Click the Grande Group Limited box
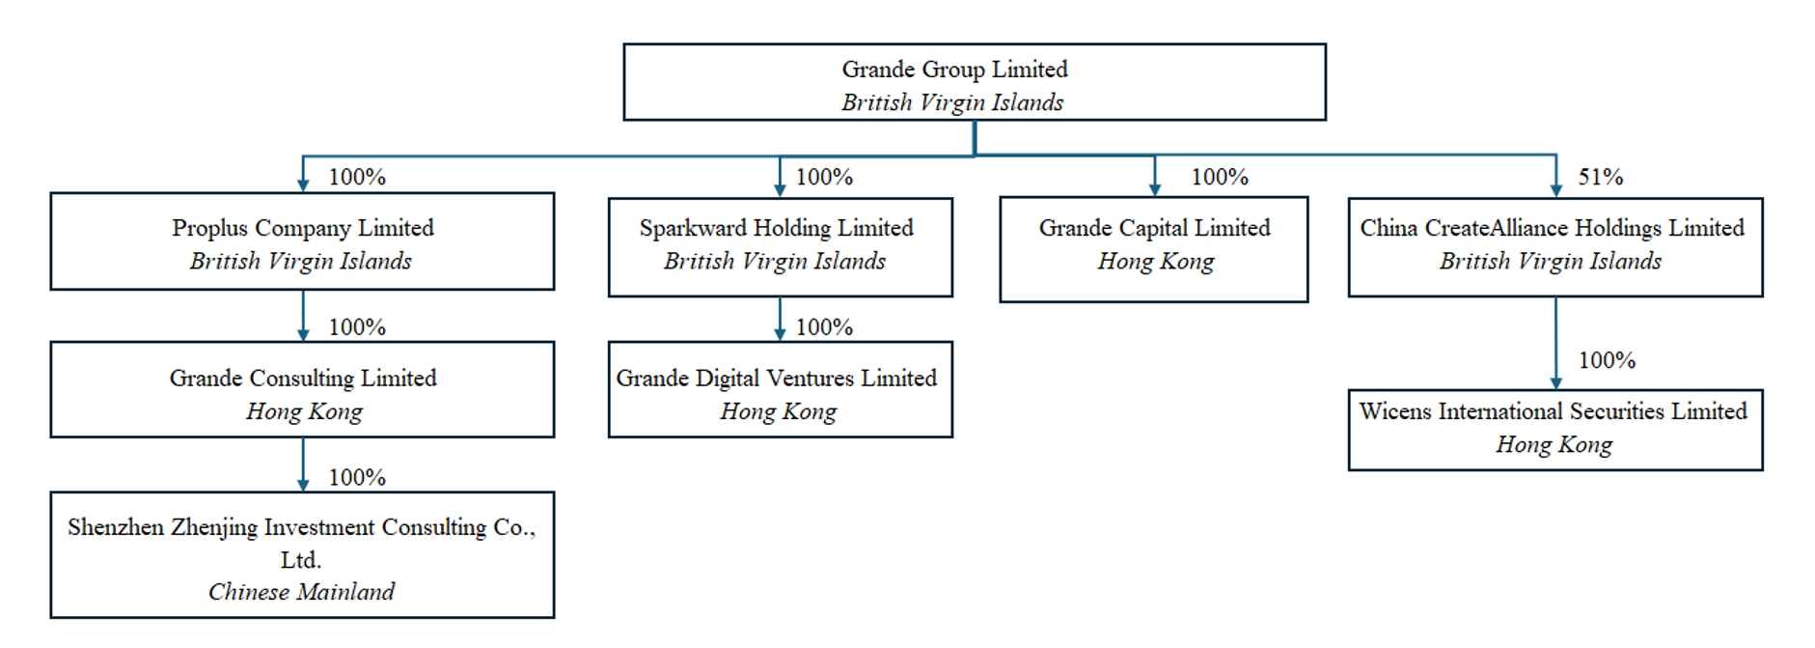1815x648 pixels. pos(975,82)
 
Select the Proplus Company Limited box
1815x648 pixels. pos(302,241)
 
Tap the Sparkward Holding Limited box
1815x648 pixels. pos(780,247)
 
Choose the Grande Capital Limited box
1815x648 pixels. pos(1154,249)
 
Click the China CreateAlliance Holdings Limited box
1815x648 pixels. pos(1555,247)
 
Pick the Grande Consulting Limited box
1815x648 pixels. pos(302,389)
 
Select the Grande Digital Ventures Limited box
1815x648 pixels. pos(780,389)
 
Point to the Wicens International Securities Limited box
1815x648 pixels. pos(1555,430)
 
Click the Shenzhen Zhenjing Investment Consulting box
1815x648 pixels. pos(302,555)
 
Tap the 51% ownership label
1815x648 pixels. pos(1601,177)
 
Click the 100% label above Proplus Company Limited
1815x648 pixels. pos(357,177)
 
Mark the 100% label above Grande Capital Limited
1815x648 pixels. pos(1220,177)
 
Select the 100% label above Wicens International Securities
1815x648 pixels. pos(1607,360)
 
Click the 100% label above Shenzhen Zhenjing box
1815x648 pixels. pos(357,477)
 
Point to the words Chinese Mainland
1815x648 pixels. pos(301,591)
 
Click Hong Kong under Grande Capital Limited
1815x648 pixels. pos(1155,262)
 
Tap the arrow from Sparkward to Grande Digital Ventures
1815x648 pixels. pos(780,319)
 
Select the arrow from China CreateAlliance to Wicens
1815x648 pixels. pos(1555,343)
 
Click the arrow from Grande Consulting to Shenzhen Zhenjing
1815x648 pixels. pos(303,465)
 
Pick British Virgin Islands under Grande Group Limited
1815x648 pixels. pos(952,102)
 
